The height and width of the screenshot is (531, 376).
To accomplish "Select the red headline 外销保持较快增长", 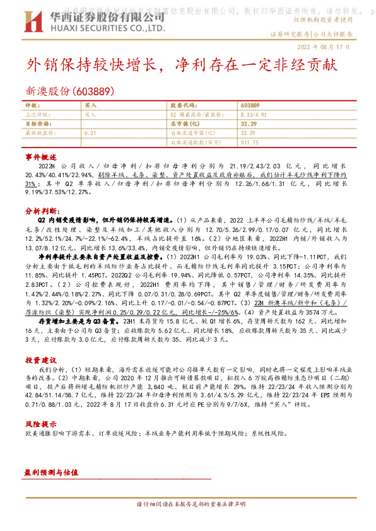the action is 92,65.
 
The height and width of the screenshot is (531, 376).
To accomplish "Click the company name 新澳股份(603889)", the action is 70,91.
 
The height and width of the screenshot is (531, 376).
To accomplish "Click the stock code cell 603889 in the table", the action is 250,105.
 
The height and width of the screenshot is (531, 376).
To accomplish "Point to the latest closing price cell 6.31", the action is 90,134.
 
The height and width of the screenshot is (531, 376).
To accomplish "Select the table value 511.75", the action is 250,143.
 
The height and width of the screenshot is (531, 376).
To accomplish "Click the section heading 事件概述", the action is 41,156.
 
